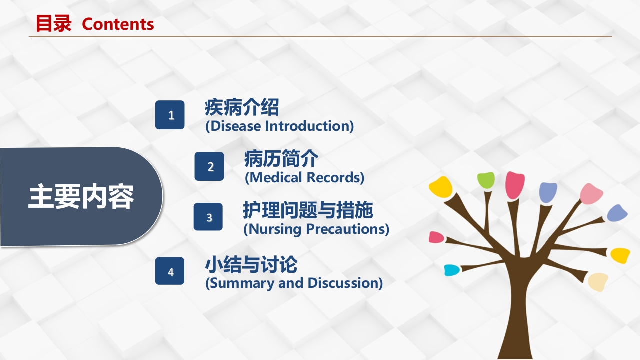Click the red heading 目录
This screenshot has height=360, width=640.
[x=53, y=24]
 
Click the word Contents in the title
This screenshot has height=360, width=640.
[x=118, y=24]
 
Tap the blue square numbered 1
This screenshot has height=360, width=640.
[x=170, y=115]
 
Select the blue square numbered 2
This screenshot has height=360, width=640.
[x=209, y=166]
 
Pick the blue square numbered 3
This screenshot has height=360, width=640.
[x=208, y=217]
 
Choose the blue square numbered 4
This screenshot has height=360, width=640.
[x=170, y=271]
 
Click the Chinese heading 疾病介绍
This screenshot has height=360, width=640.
[x=242, y=108]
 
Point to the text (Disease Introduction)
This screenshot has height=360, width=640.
[x=279, y=126]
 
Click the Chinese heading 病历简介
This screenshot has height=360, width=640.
[x=281, y=159]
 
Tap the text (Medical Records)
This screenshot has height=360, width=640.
[x=304, y=177]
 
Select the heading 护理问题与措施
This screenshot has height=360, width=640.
[x=308, y=211]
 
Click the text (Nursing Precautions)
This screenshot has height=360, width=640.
[x=316, y=229]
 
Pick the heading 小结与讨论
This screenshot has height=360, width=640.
[x=251, y=264]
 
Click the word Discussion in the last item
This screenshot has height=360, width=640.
[x=345, y=283]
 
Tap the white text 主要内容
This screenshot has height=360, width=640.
[x=81, y=197]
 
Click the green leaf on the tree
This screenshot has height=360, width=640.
[x=485, y=180]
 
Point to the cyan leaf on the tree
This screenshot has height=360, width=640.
[x=452, y=270]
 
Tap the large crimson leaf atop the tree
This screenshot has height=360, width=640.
[x=514, y=185]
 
